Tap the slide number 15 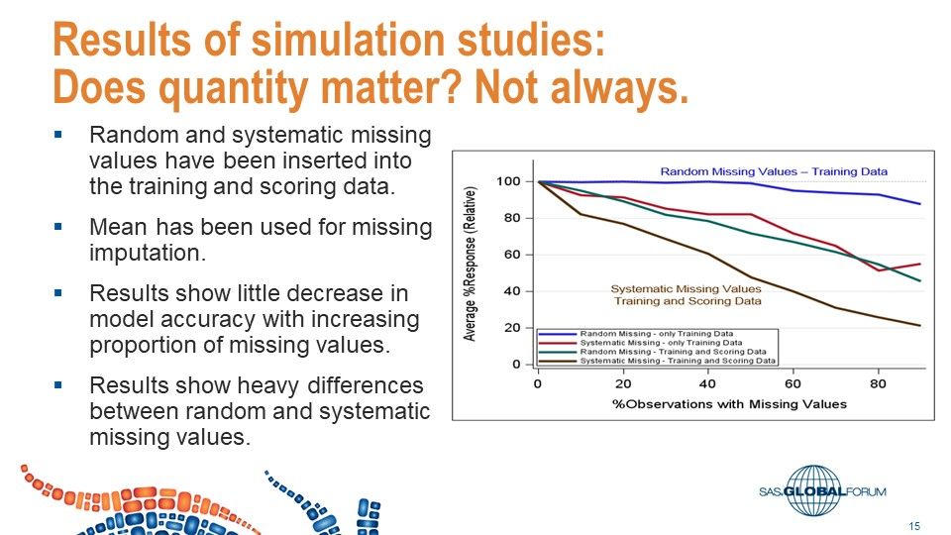(914, 524)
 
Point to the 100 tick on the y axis (507, 181)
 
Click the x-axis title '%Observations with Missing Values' (731, 403)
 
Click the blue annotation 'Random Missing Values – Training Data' (774, 172)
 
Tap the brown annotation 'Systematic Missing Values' (686, 289)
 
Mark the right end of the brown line (920, 326)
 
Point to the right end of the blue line (920, 204)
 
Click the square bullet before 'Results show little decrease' (58, 293)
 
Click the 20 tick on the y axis (511, 328)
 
